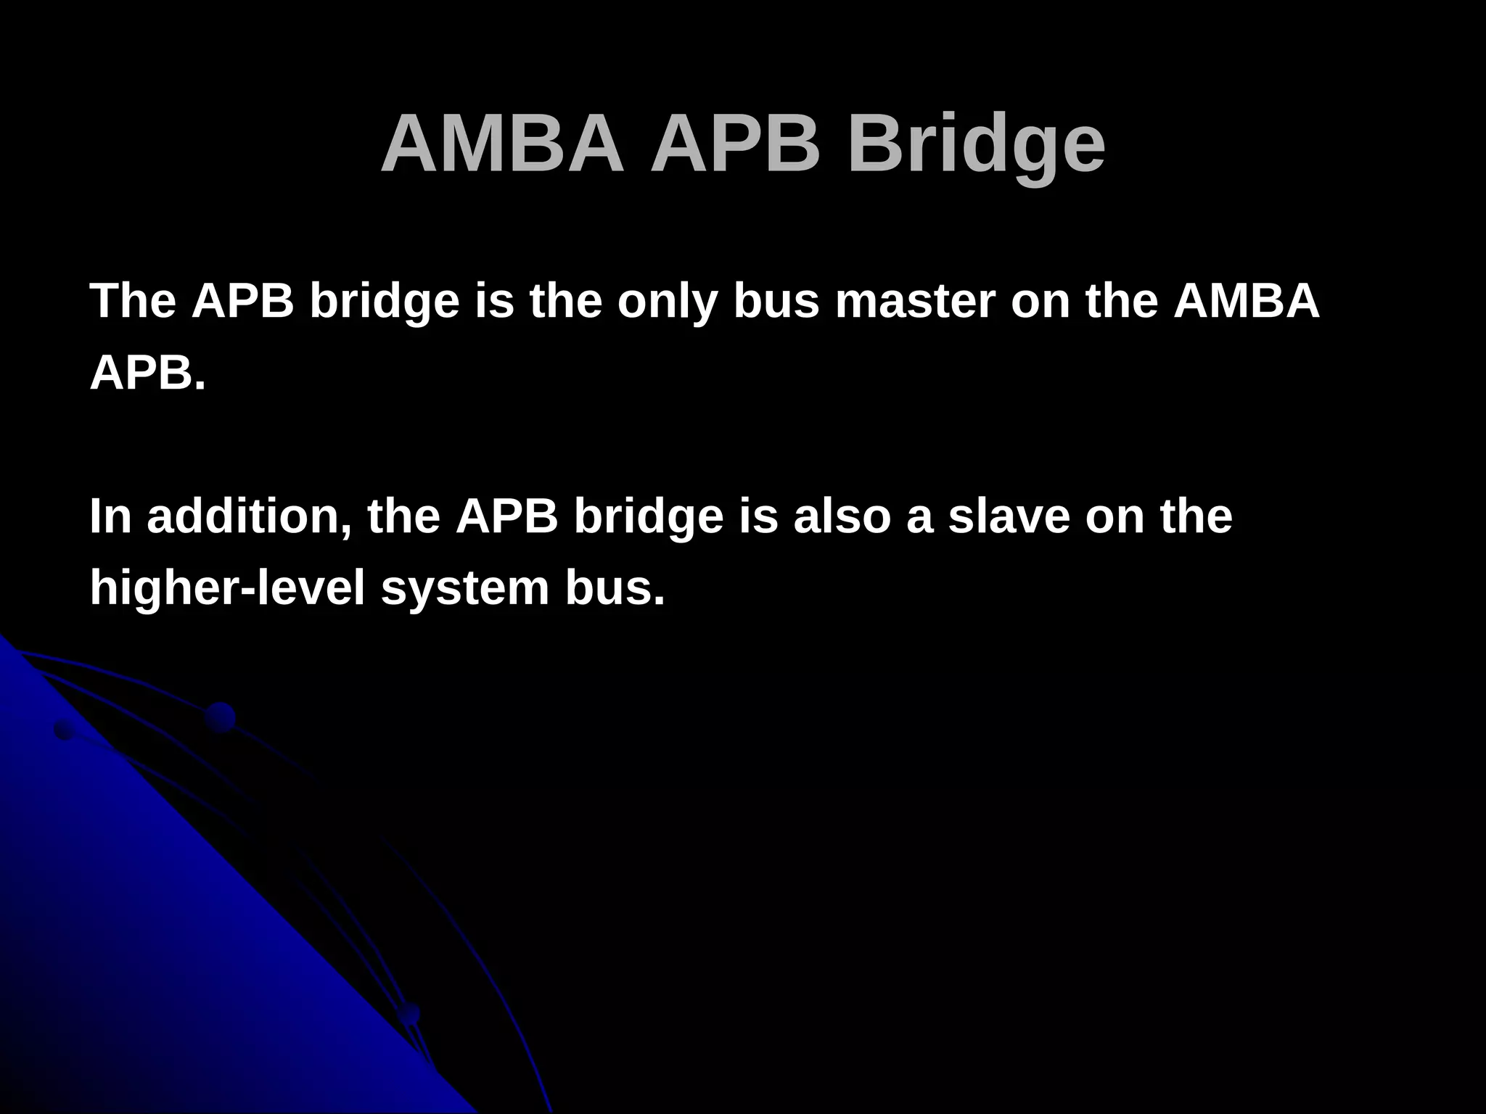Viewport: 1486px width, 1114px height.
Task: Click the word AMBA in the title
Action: (x=502, y=144)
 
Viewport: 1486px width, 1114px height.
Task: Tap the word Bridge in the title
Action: (x=976, y=144)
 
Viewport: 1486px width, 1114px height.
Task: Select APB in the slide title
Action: (x=735, y=144)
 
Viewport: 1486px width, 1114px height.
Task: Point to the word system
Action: (x=465, y=588)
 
